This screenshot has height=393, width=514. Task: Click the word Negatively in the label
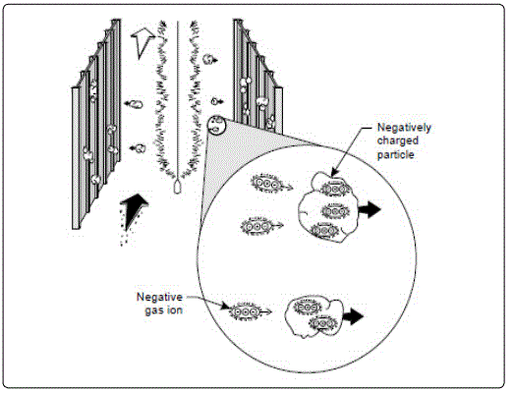[x=404, y=128]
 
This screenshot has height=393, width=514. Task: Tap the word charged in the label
[x=398, y=140]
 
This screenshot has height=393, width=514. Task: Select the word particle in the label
[x=396, y=154]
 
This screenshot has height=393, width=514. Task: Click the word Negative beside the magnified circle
[x=159, y=297]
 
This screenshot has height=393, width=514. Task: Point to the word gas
[x=154, y=310]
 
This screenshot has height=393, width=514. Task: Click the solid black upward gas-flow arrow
[x=133, y=211]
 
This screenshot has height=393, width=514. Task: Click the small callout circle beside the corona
[x=216, y=125]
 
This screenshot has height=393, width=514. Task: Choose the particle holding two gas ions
[x=314, y=317]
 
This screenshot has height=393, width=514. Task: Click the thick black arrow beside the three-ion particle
[x=370, y=209]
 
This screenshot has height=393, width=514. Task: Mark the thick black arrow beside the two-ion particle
[x=353, y=316]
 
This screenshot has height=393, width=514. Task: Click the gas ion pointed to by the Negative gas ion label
[x=246, y=311]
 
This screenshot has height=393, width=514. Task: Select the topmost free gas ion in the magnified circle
[x=267, y=183]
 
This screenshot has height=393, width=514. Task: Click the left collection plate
[x=96, y=125]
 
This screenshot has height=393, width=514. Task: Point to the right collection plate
[x=258, y=76]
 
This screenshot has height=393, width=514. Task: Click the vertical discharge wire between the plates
[x=178, y=100]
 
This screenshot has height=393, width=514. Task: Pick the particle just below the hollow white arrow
[x=208, y=60]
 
